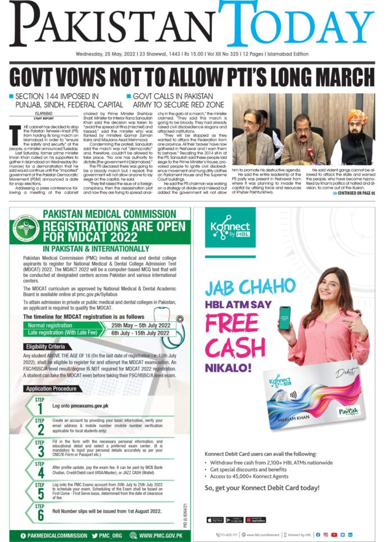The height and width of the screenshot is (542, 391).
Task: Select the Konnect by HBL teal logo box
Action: tap(226, 227)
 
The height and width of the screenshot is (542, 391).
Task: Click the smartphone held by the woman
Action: tap(284, 318)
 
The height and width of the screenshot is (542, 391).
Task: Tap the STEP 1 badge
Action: tap(39, 404)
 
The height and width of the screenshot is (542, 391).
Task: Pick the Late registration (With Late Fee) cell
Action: tap(62, 333)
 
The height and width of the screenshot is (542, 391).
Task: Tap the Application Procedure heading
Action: tap(51, 389)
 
